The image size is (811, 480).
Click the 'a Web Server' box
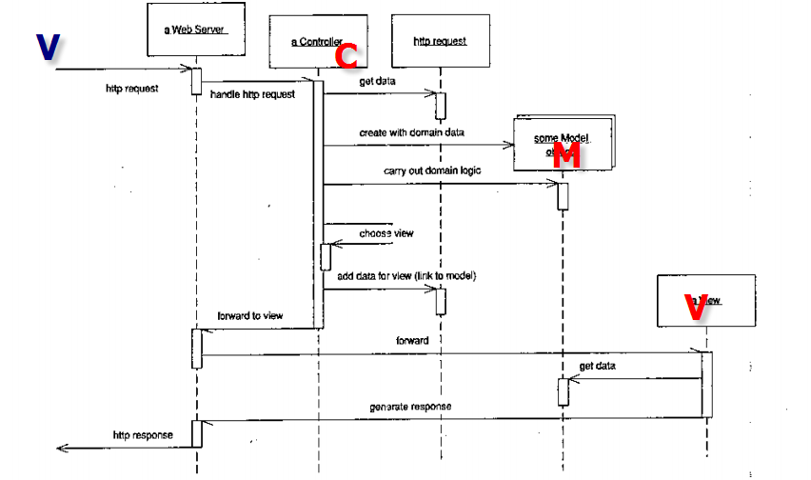(x=198, y=35)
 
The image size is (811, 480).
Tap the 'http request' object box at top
(x=441, y=42)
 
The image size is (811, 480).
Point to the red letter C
(x=347, y=56)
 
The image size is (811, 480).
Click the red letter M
(x=566, y=157)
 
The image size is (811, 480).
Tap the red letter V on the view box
(x=696, y=307)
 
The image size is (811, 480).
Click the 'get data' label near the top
(x=377, y=82)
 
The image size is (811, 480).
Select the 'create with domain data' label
(x=411, y=132)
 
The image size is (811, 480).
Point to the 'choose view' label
(x=386, y=232)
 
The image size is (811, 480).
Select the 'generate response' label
(x=410, y=407)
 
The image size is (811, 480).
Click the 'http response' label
(x=144, y=435)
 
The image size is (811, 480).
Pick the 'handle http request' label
(x=252, y=94)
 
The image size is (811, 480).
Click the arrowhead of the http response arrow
(x=62, y=448)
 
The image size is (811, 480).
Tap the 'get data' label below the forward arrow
(x=597, y=366)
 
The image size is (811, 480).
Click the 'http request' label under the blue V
(x=132, y=89)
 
